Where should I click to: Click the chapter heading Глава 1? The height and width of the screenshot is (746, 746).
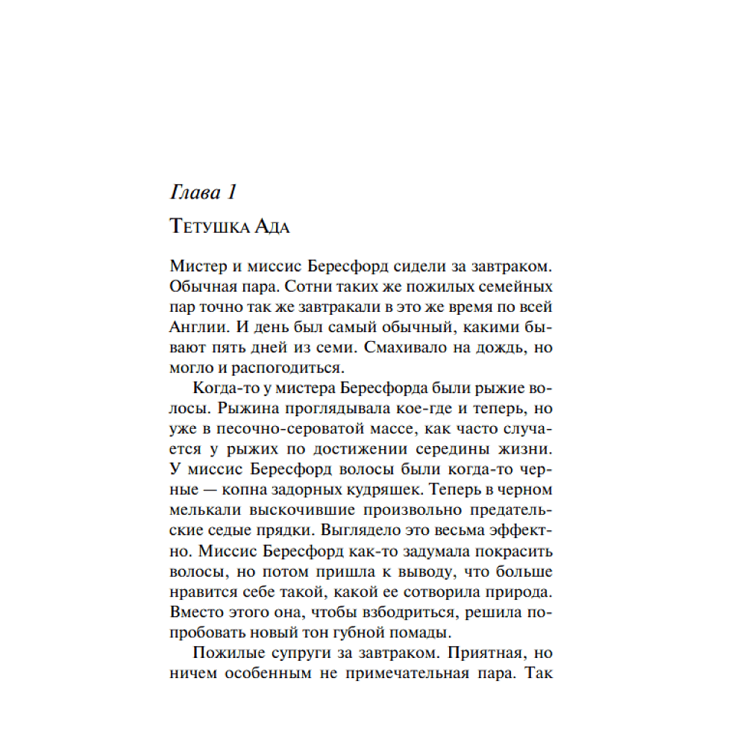[203, 192]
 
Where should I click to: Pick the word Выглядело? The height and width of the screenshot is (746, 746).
[362, 531]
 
